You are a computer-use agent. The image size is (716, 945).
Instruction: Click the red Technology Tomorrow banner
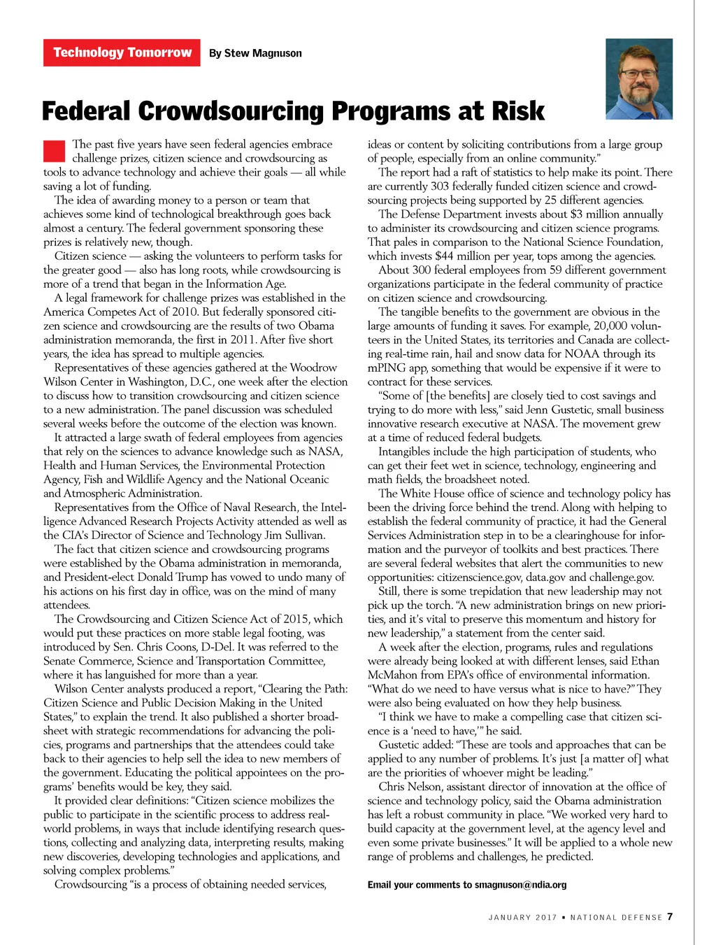click(x=122, y=52)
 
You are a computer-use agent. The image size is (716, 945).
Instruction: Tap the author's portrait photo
click(x=638, y=78)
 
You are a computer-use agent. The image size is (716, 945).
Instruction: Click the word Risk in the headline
click(x=517, y=111)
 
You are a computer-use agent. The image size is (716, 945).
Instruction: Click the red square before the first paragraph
click(x=54, y=150)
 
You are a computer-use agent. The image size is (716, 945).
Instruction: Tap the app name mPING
click(x=386, y=368)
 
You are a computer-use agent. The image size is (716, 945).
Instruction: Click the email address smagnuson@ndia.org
click(x=520, y=885)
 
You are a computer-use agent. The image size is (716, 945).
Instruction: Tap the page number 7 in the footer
click(x=670, y=916)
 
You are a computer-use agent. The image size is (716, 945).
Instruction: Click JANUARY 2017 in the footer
click(x=522, y=917)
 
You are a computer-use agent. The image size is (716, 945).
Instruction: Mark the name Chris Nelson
click(x=410, y=787)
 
